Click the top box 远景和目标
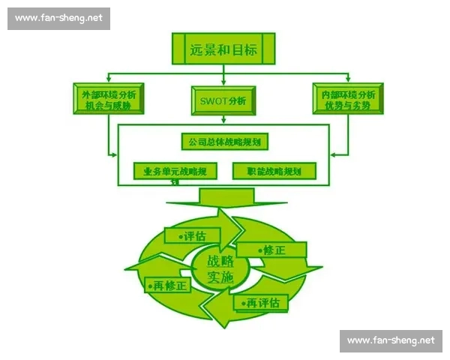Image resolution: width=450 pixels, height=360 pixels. tap(223, 50)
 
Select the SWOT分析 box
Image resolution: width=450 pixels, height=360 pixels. tap(223, 100)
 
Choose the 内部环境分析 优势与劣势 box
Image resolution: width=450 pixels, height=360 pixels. tap(348, 100)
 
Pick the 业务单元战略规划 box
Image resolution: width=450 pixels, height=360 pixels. tap(175, 171)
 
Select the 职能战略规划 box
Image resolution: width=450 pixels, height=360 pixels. tap(274, 171)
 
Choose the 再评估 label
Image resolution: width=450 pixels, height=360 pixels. tap(261, 302)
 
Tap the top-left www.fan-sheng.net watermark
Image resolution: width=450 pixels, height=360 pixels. tap(58, 19)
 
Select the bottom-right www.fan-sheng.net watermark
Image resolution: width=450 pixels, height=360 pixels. tap(391, 340)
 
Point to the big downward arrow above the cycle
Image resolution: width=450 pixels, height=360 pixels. tap(223, 199)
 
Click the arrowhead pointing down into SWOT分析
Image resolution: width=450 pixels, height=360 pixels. tap(223, 83)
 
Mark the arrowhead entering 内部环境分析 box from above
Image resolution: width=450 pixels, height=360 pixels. tap(349, 79)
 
